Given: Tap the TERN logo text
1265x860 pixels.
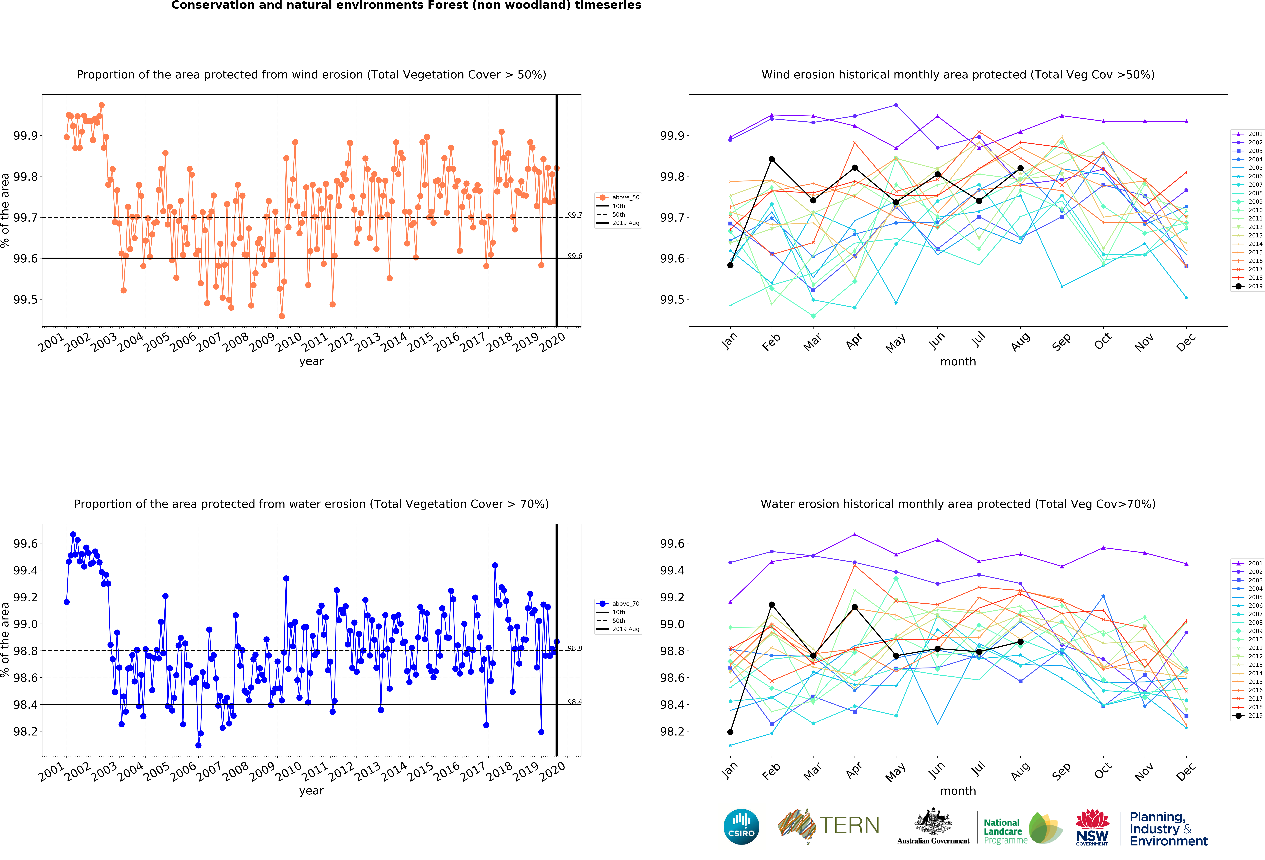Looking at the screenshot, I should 849,825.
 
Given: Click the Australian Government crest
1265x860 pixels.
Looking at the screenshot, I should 933,822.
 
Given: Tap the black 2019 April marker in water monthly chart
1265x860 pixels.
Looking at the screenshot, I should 855,607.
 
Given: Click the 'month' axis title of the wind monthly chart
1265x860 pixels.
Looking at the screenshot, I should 958,361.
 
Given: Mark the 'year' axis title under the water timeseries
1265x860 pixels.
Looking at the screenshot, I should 311,791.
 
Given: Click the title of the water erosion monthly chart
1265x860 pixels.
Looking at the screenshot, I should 958,504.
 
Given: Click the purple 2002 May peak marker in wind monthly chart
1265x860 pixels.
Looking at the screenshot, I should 896,105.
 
